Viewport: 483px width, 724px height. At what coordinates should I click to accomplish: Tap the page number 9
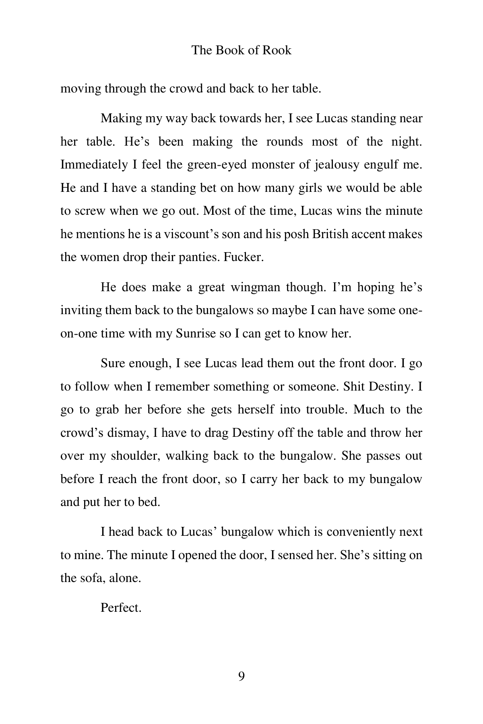242,676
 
